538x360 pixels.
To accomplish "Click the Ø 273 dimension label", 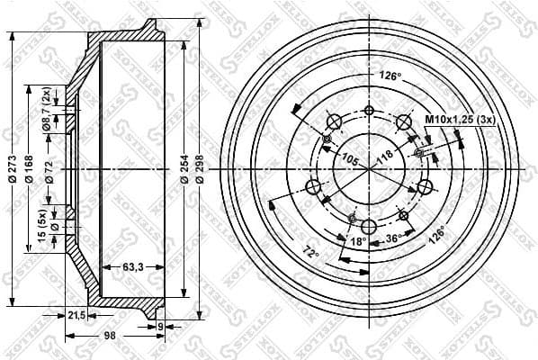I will pyautogui.click(x=12, y=167).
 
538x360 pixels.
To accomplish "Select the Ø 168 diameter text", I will pyautogui.click(x=30, y=167).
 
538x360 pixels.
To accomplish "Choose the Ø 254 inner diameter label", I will pyautogui.click(x=184, y=167).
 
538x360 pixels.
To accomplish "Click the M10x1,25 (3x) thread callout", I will pyautogui.click(x=454, y=117).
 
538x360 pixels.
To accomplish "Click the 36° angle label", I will pyautogui.click(x=391, y=238).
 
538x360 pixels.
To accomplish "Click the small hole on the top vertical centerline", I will pyautogui.click(x=369, y=110).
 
